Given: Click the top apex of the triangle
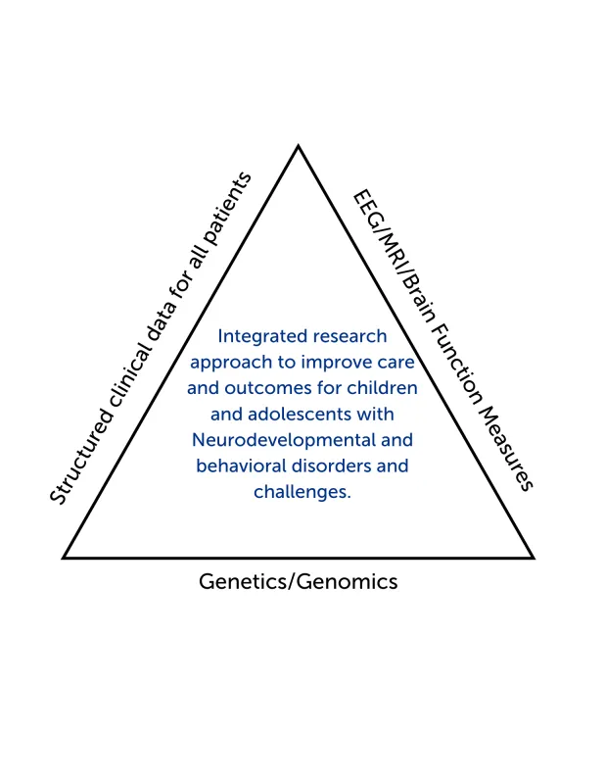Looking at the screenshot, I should point(299,147).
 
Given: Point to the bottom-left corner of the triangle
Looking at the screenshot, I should point(65,557).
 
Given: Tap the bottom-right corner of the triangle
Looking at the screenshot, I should point(533,557).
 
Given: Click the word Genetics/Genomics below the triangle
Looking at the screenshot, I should point(299,581).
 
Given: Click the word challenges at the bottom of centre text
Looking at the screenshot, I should point(302,492).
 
